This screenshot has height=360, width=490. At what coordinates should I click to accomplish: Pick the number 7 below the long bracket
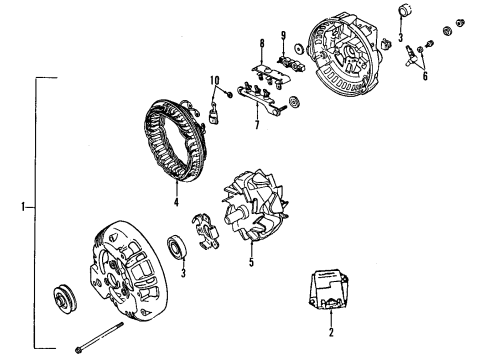[x=257, y=125]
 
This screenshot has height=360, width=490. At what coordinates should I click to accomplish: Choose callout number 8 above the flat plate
[x=261, y=44]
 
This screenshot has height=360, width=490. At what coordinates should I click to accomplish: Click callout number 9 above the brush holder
[x=284, y=37]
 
